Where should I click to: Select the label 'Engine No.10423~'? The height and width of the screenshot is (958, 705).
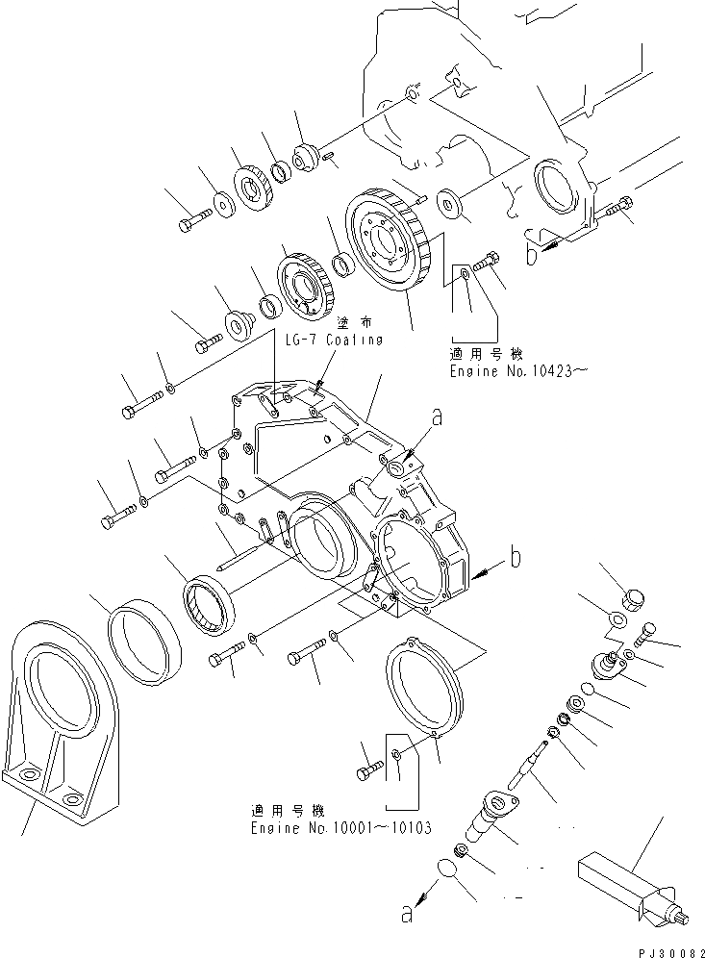(514, 370)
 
